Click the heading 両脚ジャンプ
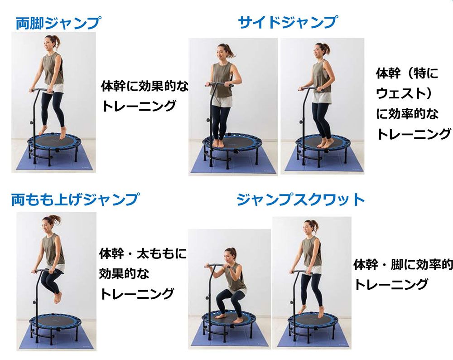click(58, 23)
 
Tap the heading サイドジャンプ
click(288, 22)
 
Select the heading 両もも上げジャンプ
click(75, 199)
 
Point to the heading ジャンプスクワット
click(300, 199)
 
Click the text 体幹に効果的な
click(145, 86)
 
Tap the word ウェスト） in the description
click(405, 93)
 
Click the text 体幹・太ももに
click(143, 253)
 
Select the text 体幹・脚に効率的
click(403, 264)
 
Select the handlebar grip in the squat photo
click(218, 265)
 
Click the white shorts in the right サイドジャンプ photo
click(321, 97)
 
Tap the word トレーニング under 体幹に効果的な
click(139, 106)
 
